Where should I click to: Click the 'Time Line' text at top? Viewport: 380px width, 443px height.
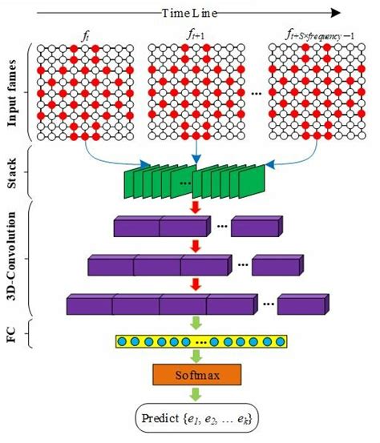tap(195, 13)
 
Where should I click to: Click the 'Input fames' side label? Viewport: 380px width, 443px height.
tap(14, 92)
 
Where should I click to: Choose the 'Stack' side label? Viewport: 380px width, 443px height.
tap(14, 173)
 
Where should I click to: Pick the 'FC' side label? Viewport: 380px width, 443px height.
tap(14, 332)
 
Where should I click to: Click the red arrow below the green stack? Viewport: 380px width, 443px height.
tap(193, 207)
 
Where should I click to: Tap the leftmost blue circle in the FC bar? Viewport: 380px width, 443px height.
tap(122, 343)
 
